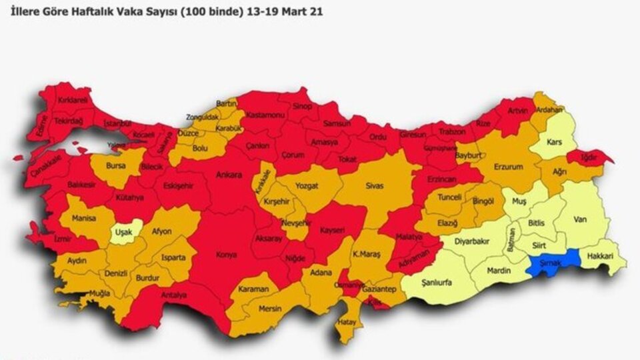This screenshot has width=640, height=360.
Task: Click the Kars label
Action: point(553,142)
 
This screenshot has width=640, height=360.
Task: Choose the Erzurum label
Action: point(508,166)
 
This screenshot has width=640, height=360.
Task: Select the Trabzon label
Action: point(452,131)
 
